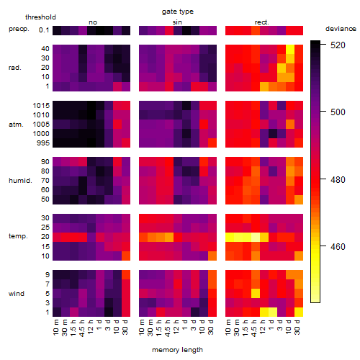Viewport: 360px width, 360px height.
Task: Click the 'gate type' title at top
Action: coord(178,12)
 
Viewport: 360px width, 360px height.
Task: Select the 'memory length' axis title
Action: coord(177,350)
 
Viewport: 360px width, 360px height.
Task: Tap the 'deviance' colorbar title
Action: coord(341,29)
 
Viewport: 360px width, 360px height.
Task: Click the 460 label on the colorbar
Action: coord(338,246)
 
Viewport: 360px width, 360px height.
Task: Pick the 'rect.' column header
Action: coord(261,22)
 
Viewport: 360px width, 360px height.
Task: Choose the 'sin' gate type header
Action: coord(177,22)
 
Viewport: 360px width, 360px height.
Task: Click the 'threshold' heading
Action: coord(40,17)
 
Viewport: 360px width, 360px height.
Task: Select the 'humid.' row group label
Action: coord(20,181)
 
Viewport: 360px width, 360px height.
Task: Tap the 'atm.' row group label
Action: coord(16,125)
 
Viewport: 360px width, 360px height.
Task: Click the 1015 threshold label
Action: coord(41,105)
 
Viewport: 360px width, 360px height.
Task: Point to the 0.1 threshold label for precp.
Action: coord(44,30)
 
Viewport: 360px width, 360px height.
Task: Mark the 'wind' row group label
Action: coord(17,294)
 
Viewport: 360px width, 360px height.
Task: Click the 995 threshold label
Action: coord(43,143)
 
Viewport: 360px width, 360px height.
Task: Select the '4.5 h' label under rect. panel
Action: coord(254,328)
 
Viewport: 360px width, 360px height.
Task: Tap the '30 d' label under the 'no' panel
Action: coord(125,328)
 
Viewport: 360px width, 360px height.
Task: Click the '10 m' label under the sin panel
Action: coord(142,328)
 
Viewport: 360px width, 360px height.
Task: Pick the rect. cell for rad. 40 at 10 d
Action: coord(290,50)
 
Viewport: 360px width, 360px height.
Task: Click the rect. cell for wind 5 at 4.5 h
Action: coord(256,293)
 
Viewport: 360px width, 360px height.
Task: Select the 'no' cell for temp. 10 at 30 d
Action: coord(126,256)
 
